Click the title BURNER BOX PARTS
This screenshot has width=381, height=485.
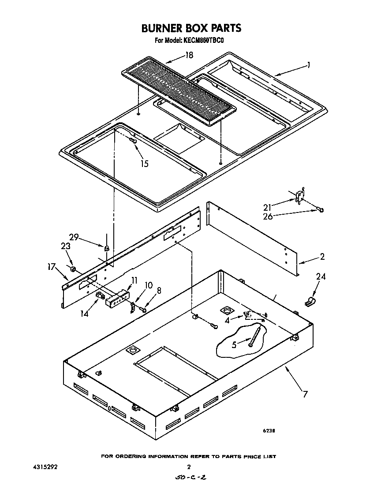point(191,28)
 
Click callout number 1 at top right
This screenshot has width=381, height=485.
point(309,65)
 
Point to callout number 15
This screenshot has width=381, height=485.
point(144,163)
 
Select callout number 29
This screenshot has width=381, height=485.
point(74,237)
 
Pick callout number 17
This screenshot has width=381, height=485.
point(52,266)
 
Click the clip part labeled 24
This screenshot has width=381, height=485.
point(310,302)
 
